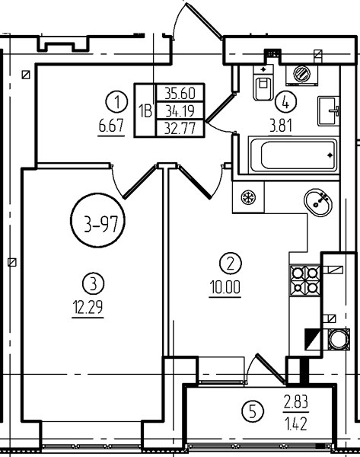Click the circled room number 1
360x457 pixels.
click(116, 102)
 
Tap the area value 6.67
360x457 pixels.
click(111, 126)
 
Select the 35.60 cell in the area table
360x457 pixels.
click(180, 93)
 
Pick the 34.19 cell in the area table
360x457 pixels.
click(180, 110)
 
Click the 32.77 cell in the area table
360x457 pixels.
click(180, 128)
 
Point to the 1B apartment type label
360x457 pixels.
click(145, 110)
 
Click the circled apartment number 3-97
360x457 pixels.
click(98, 221)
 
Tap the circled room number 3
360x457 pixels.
click(93, 283)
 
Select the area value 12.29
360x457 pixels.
click(88, 308)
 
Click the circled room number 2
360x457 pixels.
click(230, 264)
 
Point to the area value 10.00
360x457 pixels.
click(225, 287)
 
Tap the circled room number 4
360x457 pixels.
click(285, 102)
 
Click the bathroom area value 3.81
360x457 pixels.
click(281, 126)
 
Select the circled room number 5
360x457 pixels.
click(253, 412)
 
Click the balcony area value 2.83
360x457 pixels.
click(296, 403)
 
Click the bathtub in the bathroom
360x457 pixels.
click(294, 155)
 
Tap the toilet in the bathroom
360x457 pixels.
click(263, 83)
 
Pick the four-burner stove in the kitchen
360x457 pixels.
click(305, 280)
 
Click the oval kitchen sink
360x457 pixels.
click(318, 203)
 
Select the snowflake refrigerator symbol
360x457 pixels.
click(248, 197)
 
